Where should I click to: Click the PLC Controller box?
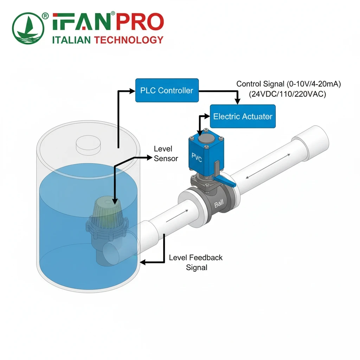point(167,90)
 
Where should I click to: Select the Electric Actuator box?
point(243,116)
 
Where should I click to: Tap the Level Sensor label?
point(166,154)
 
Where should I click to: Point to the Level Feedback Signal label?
point(196,262)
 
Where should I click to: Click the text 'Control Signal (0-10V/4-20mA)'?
point(289,84)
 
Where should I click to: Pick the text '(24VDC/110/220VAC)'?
point(288,94)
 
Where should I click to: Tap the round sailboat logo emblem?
point(28,28)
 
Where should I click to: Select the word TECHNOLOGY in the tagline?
point(129,40)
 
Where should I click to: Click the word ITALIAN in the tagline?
point(72,40)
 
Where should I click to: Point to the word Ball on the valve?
point(219,204)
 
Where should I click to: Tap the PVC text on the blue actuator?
point(197,157)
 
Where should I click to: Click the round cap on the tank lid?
point(88,143)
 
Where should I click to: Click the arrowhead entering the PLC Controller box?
point(133,91)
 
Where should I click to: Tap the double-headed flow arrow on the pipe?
point(268,166)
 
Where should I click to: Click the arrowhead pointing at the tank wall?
point(143,262)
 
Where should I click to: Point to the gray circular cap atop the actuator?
point(206,139)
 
